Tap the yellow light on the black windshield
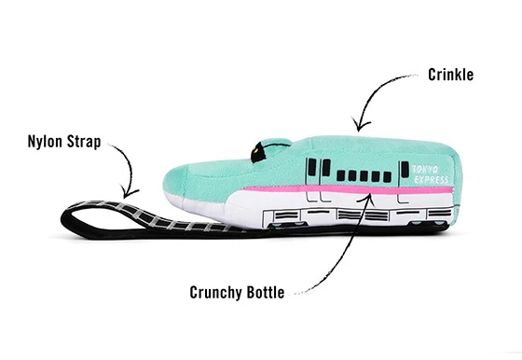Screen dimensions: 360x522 click(x=253, y=145)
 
